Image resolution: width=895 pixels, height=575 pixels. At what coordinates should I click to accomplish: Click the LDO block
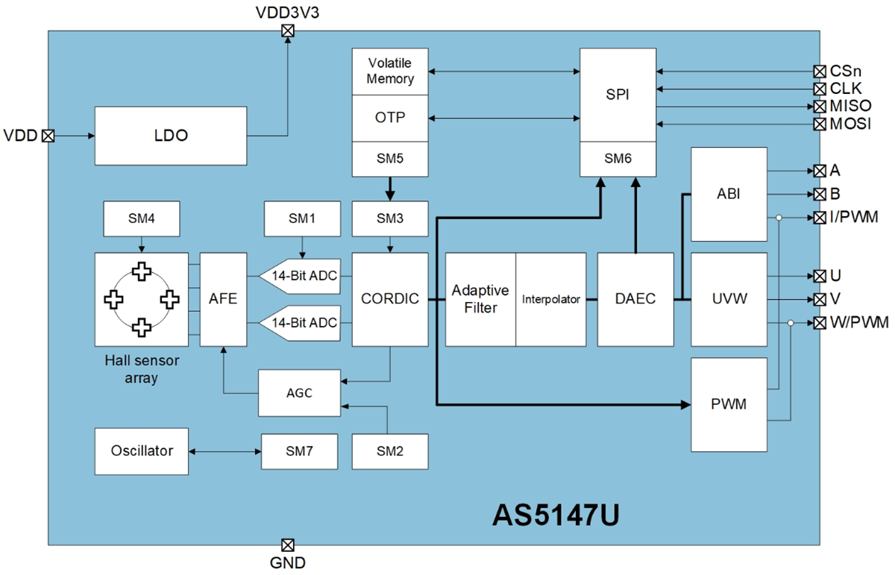pos(170,136)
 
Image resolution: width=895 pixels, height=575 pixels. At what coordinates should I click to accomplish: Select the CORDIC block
pos(389,299)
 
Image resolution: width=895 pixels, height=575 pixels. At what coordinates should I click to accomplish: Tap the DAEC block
pos(635,299)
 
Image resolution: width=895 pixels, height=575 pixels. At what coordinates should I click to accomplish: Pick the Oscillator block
pos(142,451)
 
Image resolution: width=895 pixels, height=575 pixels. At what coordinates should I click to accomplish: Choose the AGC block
pos(298,392)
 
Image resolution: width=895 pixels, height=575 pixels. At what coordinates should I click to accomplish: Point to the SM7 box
pos(298,451)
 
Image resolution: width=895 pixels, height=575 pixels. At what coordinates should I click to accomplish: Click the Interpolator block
pos(551,299)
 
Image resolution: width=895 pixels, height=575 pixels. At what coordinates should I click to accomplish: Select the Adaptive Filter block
pos(480,299)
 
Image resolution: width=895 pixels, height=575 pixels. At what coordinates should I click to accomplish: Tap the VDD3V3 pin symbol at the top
pos(287,31)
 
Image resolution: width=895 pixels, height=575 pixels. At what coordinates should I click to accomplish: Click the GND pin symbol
pos(287,544)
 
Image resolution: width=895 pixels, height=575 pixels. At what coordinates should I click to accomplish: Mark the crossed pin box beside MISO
pos(820,106)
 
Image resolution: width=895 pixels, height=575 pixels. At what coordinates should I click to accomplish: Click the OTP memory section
pos(389,118)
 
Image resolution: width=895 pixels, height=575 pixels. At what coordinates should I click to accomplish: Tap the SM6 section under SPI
pos(618,158)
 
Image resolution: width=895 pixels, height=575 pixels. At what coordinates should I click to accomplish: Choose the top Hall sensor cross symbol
pos(141,273)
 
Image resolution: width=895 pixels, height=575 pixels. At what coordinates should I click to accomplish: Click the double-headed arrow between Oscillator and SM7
pos(224,451)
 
